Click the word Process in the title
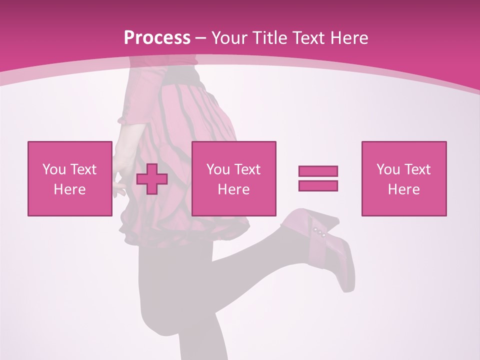(157, 38)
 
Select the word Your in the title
(229, 38)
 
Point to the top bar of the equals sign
(318, 171)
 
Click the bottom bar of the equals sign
(318, 185)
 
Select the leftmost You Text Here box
(69, 178)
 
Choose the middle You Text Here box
(233, 178)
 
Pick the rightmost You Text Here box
(403, 178)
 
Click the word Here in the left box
(69, 189)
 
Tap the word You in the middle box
(218, 169)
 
